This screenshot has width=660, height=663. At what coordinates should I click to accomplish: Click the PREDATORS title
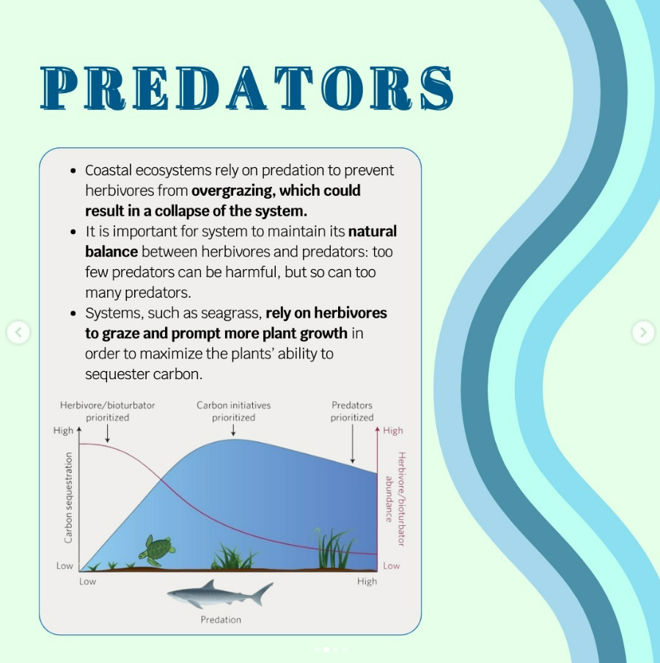click(247, 88)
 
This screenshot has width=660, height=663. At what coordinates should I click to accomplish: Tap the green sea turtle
click(157, 550)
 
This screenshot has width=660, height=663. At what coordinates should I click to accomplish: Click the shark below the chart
click(220, 593)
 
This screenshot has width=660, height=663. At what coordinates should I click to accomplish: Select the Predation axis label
click(221, 620)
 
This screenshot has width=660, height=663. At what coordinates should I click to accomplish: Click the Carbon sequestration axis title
click(68, 497)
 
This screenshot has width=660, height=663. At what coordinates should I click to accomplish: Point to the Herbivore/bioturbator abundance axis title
click(396, 499)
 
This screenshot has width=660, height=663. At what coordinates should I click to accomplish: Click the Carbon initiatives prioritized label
click(233, 411)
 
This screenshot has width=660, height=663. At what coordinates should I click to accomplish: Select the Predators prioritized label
click(352, 411)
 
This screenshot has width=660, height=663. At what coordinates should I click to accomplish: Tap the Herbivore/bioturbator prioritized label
click(107, 411)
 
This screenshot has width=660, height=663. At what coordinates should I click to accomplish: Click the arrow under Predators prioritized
click(353, 444)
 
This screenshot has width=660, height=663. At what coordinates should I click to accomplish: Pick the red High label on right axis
click(393, 431)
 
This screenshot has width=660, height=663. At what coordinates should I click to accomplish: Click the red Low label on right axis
click(391, 565)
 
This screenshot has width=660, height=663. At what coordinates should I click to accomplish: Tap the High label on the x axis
click(367, 582)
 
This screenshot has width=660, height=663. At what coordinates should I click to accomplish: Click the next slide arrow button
click(643, 332)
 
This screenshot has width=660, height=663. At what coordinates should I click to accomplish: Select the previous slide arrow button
click(18, 332)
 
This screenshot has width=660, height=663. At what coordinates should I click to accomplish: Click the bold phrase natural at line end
click(373, 231)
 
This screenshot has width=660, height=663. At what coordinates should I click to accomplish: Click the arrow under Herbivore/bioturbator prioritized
click(107, 433)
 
